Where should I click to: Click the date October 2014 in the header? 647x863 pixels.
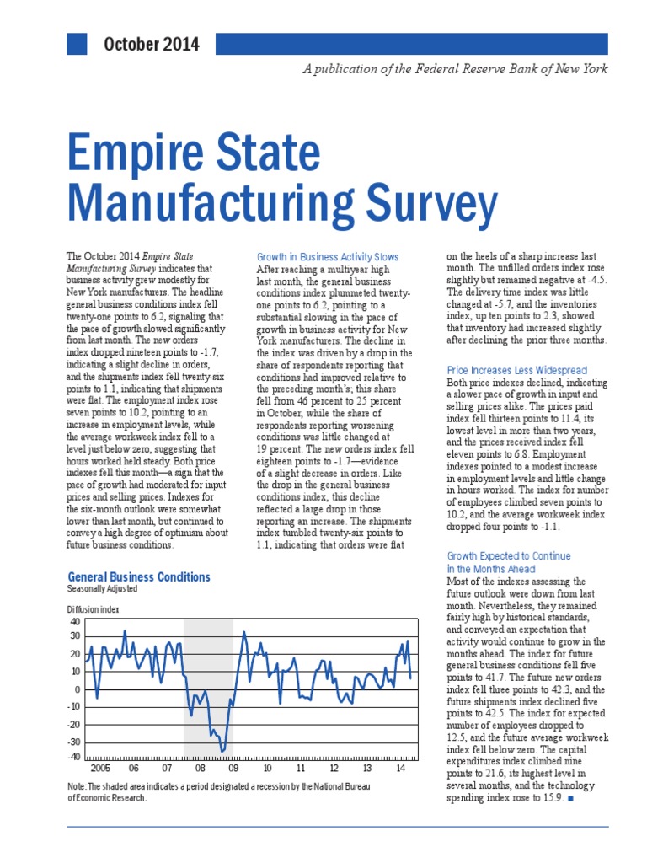tap(152, 44)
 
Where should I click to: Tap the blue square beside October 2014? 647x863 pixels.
tap(76, 44)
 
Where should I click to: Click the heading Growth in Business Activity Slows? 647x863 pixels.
tap(327, 256)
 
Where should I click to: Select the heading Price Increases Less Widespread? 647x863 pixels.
tap(516, 370)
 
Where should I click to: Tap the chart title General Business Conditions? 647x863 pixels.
tap(138, 576)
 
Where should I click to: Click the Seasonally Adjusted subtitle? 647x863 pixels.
tap(102, 588)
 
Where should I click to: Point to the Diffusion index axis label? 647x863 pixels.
tap(93, 608)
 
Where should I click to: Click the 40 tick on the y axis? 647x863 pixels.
tap(75, 620)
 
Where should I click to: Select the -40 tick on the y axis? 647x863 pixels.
tap(73, 757)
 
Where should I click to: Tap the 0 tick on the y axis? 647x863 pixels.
tap(78, 689)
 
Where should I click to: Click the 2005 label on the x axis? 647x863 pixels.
tap(99, 769)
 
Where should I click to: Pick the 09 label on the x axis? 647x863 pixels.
tap(233, 769)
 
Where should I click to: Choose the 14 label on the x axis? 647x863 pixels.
tap(400, 769)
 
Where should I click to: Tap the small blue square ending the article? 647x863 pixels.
tap(570, 797)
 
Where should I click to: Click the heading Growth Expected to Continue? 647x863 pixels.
tap(508, 556)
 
